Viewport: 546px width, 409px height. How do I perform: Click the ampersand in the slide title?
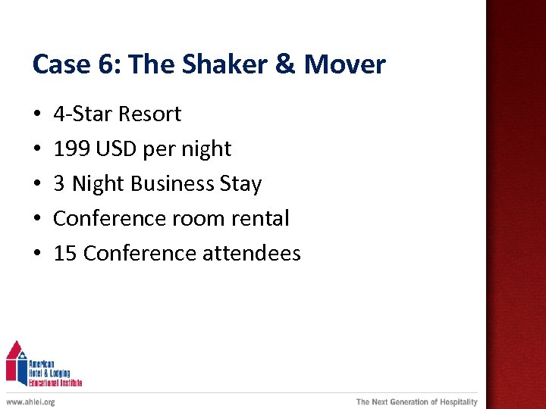284,64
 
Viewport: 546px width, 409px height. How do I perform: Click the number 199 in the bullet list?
71,149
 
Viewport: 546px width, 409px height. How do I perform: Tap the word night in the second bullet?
206,149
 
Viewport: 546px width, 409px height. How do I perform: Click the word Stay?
242,184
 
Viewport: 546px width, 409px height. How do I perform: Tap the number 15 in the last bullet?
65,254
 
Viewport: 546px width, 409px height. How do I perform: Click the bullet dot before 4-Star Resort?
37,115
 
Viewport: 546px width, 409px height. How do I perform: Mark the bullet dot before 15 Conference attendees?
37,254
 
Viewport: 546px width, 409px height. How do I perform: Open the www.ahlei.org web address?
30,402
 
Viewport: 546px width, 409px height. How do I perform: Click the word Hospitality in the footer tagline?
455,402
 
